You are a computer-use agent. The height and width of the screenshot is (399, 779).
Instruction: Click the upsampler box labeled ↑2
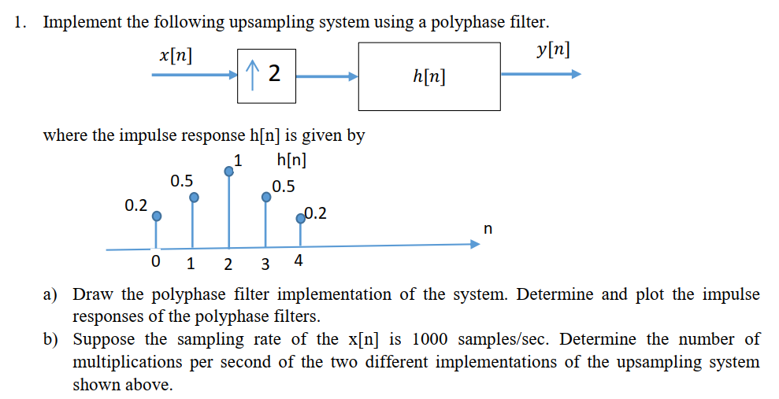point(266,75)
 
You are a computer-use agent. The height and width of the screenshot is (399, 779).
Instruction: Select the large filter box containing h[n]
point(428,76)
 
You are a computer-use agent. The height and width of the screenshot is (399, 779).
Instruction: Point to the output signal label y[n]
point(552,50)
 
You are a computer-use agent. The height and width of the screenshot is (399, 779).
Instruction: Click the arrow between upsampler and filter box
point(327,76)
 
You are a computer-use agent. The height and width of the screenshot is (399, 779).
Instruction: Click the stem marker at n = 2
point(229,171)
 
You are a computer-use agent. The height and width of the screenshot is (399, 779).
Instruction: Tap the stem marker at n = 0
point(157,215)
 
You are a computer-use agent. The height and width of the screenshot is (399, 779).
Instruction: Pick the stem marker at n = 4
point(301,219)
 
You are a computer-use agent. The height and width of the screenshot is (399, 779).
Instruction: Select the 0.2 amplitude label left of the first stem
point(135,205)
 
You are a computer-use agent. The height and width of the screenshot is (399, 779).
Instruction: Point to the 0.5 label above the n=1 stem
point(181,181)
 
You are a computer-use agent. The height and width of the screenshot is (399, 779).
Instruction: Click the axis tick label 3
point(265,263)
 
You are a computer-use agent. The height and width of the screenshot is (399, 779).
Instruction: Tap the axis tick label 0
point(156,261)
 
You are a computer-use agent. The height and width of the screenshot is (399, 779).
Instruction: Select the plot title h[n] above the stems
point(292,161)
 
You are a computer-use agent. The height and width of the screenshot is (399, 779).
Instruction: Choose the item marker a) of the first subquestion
point(51,295)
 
